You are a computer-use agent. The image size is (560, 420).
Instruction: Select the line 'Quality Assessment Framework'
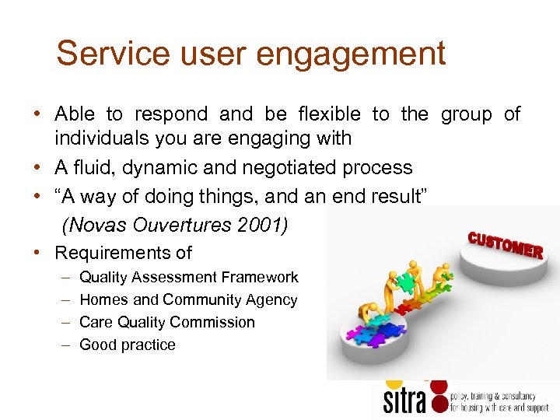pyautogui.click(x=189, y=277)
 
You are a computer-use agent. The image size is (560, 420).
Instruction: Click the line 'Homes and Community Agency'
pyautogui.click(x=188, y=299)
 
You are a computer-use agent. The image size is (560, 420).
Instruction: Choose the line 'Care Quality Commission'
pyautogui.click(x=167, y=322)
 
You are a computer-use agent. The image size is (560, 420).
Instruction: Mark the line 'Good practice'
pyautogui.click(x=128, y=345)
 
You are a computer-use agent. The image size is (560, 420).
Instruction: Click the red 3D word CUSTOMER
pyautogui.click(x=505, y=244)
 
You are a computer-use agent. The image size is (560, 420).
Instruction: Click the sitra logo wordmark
pyautogui.click(x=404, y=400)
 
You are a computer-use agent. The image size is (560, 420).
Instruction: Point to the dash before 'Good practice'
pyautogui.click(x=62, y=345)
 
